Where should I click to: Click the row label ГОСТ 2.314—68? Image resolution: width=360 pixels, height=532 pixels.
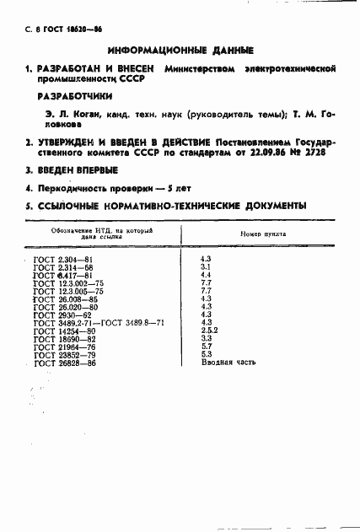64,266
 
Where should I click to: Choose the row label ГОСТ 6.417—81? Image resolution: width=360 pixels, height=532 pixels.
64,275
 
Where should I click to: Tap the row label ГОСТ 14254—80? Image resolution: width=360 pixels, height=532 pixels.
64,330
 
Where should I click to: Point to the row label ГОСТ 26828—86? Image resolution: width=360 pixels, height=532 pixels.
64,363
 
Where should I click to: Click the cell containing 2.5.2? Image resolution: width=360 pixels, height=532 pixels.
210,330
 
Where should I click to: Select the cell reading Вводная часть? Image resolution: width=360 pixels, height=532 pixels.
227,363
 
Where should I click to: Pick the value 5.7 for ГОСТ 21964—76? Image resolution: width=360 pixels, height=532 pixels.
206,347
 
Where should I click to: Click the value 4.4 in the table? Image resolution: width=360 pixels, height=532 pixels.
206,275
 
